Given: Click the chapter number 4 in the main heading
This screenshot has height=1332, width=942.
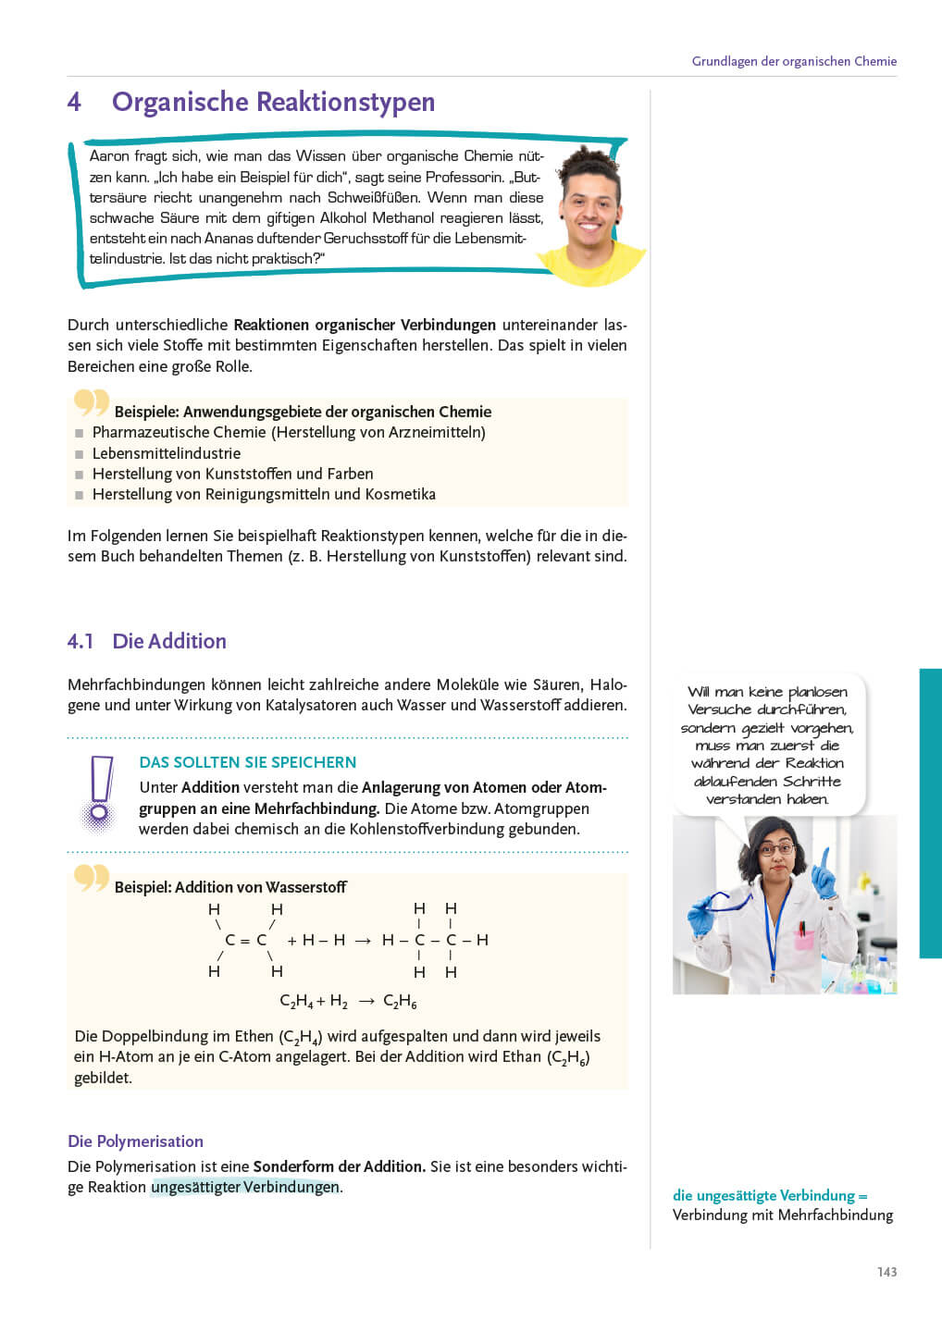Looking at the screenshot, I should (x=74, y=102).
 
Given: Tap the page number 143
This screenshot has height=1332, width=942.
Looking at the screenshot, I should (x=886, y=1272).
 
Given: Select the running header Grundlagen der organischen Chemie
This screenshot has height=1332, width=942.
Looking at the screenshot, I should (x=794, y=61).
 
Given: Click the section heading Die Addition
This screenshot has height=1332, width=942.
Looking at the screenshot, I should (x=169, y=641).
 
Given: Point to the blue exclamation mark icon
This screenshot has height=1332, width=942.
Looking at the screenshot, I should (x=99, y=792).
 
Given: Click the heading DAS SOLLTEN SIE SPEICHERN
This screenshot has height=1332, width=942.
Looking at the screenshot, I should (x=247, y=762).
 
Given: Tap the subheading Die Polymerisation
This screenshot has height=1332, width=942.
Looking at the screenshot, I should (x=135, y=1141).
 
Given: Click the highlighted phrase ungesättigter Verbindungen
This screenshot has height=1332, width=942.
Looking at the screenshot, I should (x=245, y=1187).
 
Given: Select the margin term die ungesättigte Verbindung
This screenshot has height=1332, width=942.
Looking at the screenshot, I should (x=763, y=1195).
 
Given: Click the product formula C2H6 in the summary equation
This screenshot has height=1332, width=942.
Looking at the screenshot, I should (x=400, y=1002).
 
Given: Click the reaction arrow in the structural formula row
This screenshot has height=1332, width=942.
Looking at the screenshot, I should (x=363, y=941).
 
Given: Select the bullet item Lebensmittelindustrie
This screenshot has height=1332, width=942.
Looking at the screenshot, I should (x=167, y=453).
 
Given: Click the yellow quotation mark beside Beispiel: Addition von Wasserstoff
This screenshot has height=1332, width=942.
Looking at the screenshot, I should (x=92, y=877).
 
